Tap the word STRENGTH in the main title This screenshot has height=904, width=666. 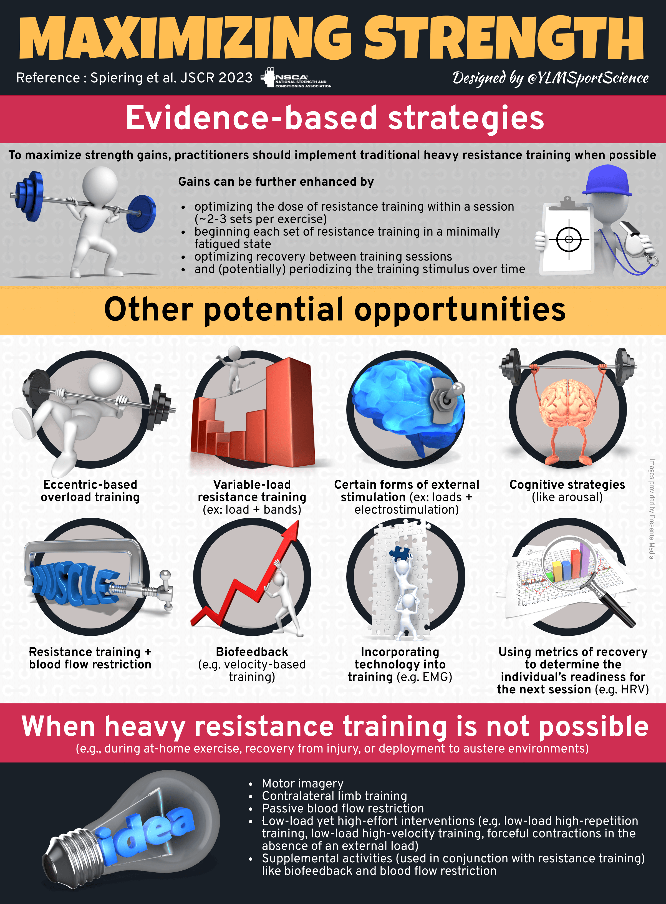click(504, 38)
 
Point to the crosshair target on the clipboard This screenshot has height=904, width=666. click(569, 239)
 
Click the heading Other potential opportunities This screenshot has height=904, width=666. click(335, 310)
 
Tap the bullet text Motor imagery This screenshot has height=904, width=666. click(302, 783)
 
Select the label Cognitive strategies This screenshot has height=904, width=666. click(567, 484)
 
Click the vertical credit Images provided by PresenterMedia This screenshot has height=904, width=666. click(652, 509)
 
